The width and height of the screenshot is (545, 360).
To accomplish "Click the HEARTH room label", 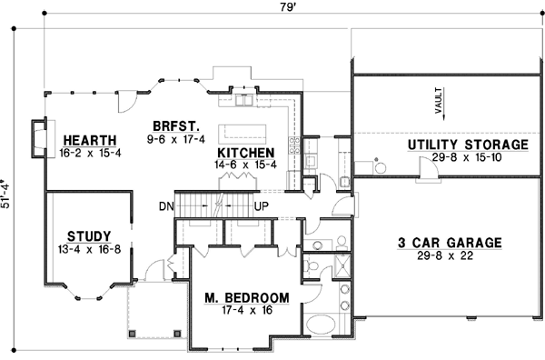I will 89,140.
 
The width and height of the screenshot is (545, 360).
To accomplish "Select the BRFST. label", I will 177,126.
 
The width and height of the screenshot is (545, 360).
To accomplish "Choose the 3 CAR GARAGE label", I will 450,243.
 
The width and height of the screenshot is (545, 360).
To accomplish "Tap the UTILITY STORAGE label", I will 467,145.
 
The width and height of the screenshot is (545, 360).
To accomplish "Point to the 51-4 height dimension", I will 7,192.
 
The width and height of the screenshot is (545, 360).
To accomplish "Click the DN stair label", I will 166,206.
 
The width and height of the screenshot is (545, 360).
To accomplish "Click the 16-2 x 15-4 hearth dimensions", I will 89,152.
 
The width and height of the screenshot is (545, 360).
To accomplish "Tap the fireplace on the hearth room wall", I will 37,138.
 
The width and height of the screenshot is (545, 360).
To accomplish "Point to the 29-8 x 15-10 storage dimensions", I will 467,156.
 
